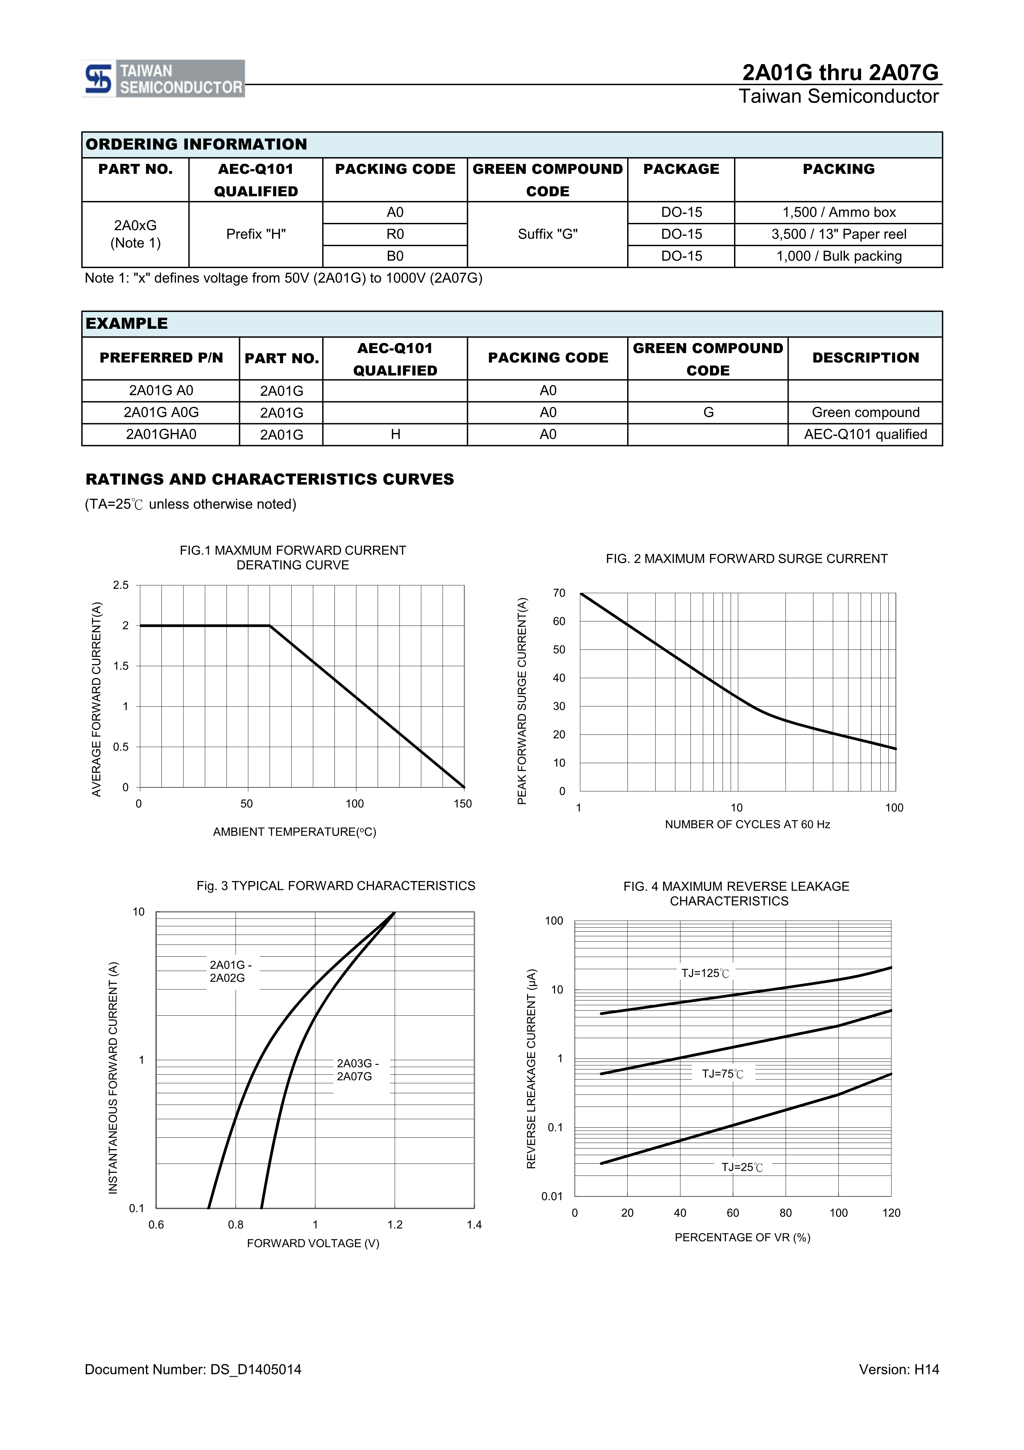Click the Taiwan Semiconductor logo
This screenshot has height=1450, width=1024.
coord(163,79)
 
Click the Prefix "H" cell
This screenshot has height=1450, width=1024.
coord(256,234)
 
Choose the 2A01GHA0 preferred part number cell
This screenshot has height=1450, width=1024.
coord(161,435)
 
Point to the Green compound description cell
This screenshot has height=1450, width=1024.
coord(865,412)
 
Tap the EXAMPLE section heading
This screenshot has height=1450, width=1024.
coord(127,323)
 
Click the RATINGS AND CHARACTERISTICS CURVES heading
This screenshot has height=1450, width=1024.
coord(270,479)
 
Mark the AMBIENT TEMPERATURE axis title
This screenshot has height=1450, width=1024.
coord(294,832)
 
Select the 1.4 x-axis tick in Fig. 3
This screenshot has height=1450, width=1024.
coord(474,1224)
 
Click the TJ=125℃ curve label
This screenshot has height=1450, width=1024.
coord(705,973)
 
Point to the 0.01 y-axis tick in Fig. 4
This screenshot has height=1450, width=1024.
coord(551,1196)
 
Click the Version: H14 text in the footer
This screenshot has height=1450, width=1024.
coord(898,1369)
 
